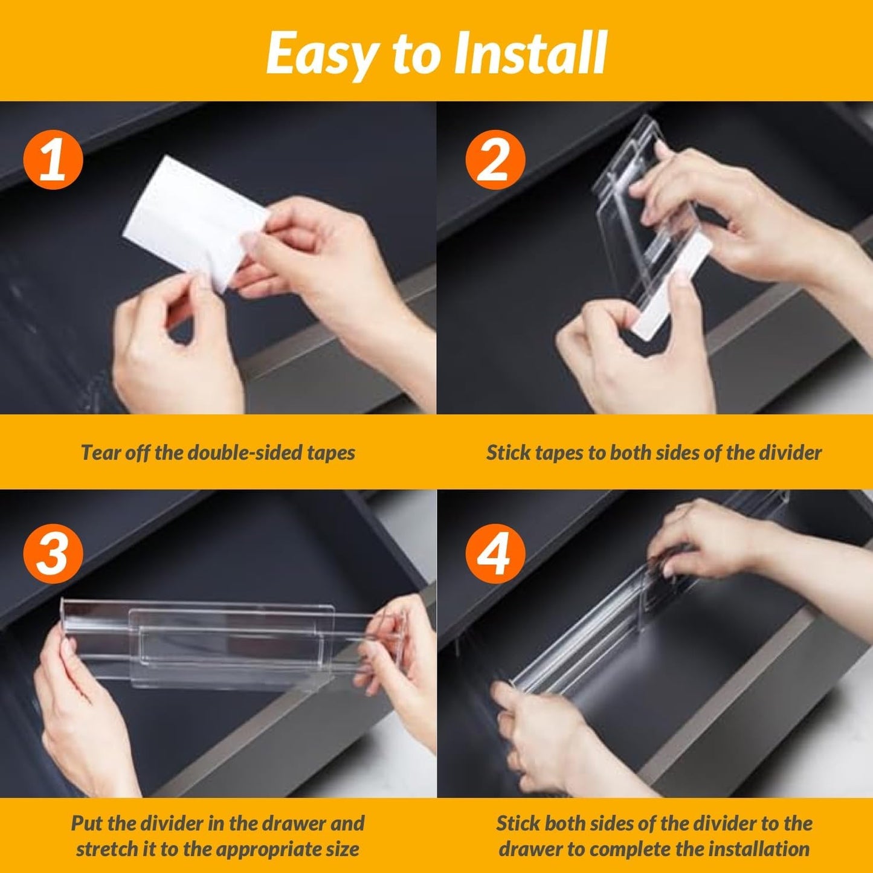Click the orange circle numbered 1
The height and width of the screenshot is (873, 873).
53,159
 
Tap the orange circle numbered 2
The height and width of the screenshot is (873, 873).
495,159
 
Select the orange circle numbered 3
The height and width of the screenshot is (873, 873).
53,554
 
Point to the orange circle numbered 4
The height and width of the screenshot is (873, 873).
495,554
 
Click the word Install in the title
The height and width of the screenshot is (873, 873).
530,53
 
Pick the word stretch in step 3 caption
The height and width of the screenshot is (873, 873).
107,849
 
